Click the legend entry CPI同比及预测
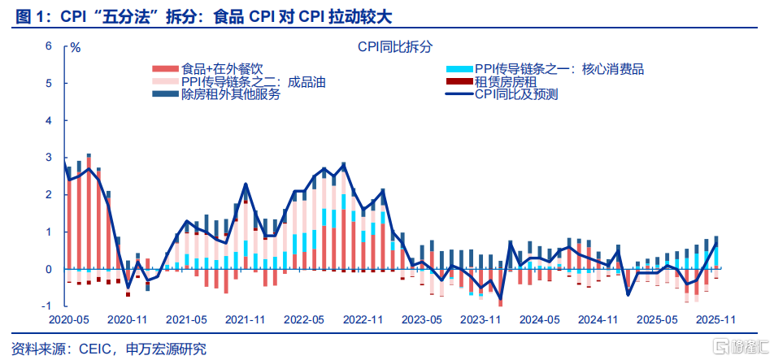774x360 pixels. pos(516,94)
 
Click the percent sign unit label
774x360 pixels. pos(76,47)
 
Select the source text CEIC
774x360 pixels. pos(99,349)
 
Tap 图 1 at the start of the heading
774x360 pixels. pos(23,15)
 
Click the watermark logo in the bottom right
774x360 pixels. pos(736,347)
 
